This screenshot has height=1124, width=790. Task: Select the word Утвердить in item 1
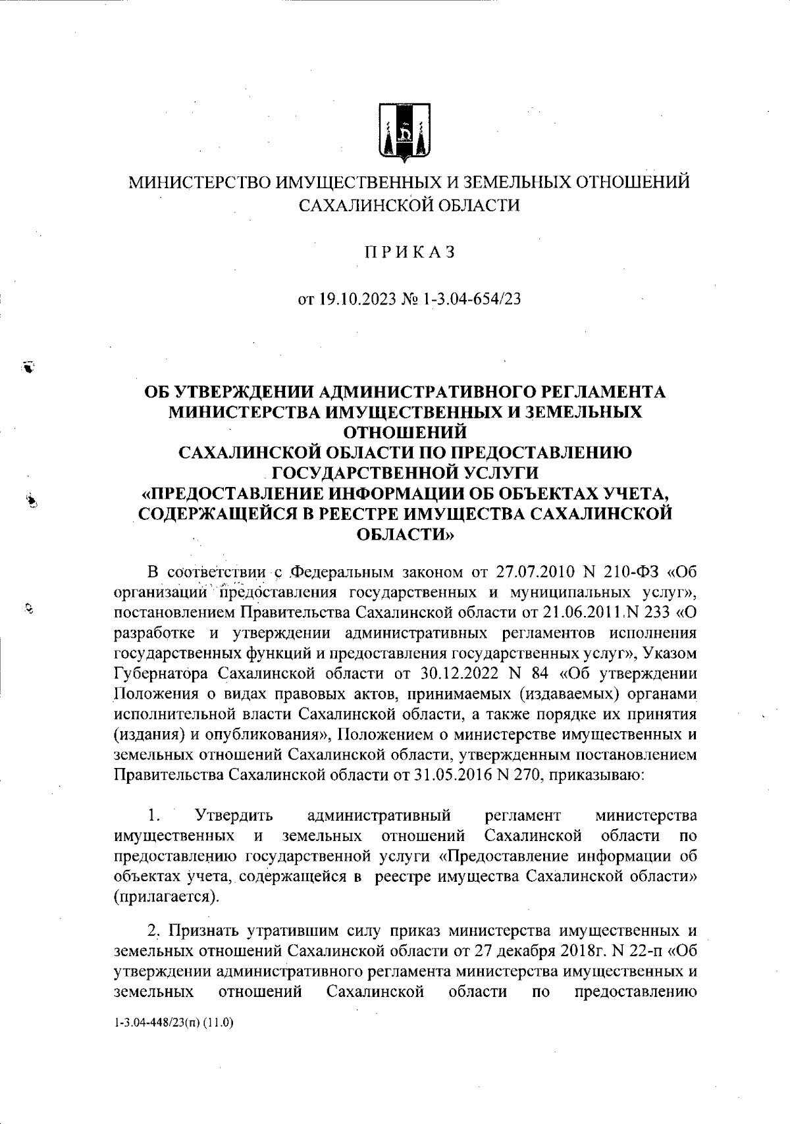(x=234, y=816)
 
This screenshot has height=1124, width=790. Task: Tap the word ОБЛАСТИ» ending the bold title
(x=404, y=535)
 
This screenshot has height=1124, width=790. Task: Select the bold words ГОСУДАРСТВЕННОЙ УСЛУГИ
(x=405, y=473)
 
